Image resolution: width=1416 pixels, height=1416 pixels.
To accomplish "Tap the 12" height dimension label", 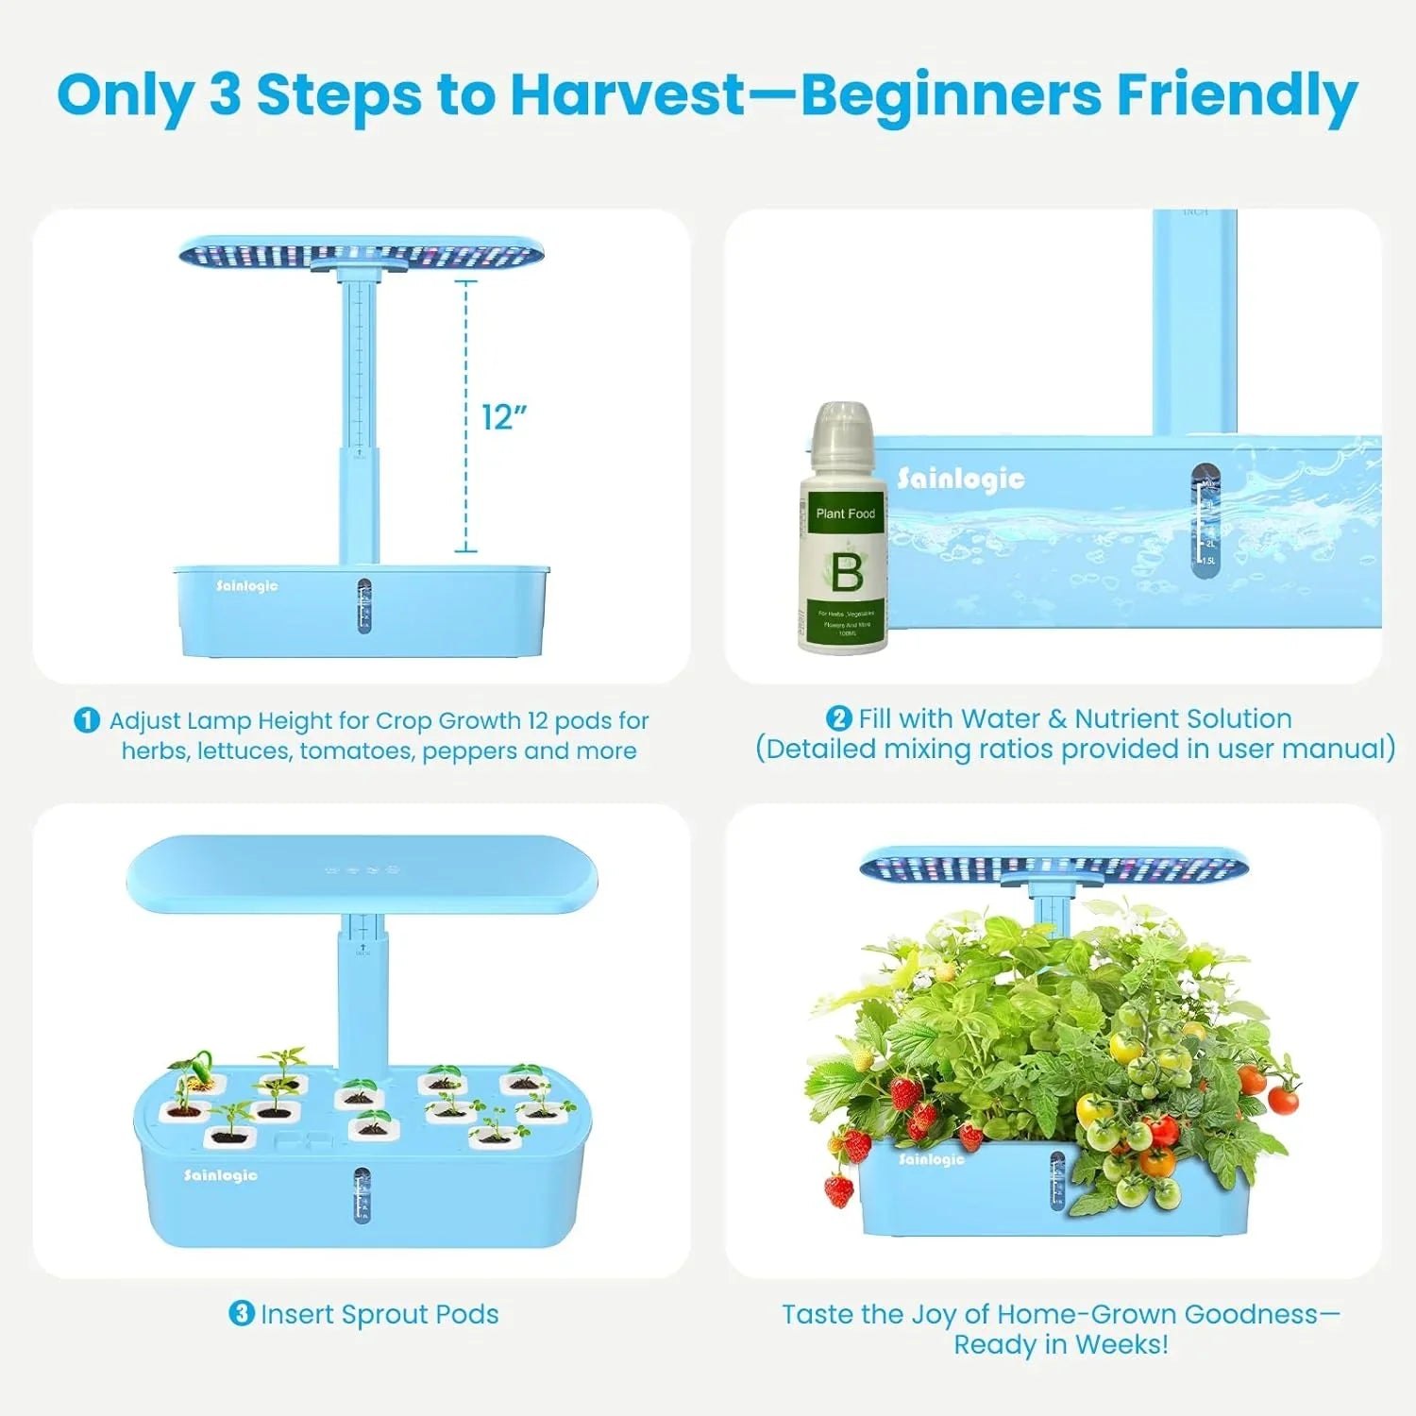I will click(x=504, y=416).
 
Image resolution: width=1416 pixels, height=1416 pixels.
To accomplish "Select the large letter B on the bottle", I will click(x=846, y=572).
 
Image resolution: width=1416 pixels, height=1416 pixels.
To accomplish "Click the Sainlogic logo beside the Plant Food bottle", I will click(x=960, y=479).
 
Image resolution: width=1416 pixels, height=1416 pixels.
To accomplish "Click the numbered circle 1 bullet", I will click(x=87, y=720).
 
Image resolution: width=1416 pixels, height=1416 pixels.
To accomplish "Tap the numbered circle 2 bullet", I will click(x=838, y=718).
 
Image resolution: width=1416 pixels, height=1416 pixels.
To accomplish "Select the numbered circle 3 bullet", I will click(x=242, y=1313).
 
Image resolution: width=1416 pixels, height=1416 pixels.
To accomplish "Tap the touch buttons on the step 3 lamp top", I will click(x=362, y=869).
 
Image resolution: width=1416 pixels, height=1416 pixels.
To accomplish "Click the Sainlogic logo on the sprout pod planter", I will click(x=220, y=1174).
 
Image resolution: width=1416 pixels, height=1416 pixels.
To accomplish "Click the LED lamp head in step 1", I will click(x=362, y=253).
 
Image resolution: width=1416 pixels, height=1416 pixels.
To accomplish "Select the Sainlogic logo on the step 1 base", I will click(x=246, y=586).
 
